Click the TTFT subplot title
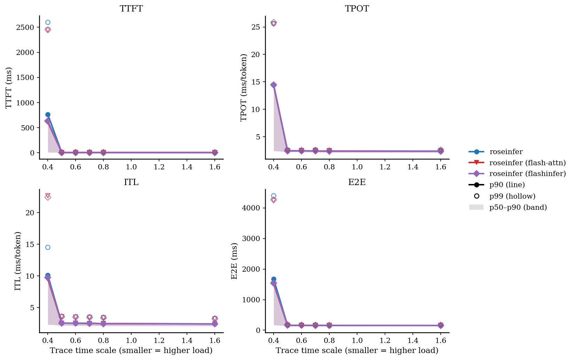click(131, 9)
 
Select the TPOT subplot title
click(357, 9)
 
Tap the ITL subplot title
click(131, 182)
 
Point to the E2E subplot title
click(357, 182)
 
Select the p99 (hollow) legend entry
click(512, 196)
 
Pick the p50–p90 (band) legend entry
click(518, 207)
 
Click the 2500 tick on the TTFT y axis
click(25, 27)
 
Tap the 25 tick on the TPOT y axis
click(256, 27)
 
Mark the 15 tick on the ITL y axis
click(30, 245)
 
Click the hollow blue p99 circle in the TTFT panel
click(48, 23)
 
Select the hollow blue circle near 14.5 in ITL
click(48, 247)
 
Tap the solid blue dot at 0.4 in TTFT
click(48, 114)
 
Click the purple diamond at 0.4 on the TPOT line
click(274, 85)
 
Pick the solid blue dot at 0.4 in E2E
click(274, 279)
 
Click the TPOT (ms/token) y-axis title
click(244, 87)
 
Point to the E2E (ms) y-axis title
click(235, 261)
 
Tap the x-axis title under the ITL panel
click(131, 351)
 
